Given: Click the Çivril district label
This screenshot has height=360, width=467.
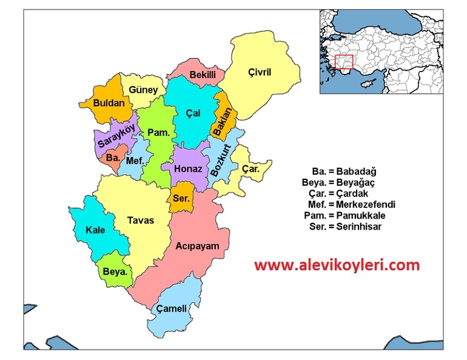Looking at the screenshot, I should click(260, 73).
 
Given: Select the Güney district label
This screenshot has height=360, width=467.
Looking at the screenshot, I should click(143, 90).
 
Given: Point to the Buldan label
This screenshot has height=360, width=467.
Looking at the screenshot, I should click(109, 103).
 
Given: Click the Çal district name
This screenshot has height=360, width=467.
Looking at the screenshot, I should click(193, 113).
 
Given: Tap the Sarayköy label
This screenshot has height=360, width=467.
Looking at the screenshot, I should click(115, 137).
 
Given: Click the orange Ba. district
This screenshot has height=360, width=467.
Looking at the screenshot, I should click(113, 158).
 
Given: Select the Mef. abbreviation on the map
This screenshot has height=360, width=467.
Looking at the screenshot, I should click(134, 161).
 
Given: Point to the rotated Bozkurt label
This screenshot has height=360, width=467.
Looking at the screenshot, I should click(222, 161).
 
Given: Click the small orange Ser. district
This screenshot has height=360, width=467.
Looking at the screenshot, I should click(181, 199).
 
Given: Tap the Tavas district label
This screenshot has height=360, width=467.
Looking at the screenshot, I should click(141, 221).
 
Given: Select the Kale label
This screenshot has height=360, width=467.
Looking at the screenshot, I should click(95, 230).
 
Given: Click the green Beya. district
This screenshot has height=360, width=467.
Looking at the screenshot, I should click(115, 273).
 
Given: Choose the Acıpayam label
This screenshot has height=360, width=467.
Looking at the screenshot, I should click(197, 246).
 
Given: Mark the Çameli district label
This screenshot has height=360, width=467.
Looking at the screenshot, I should click(172, 309).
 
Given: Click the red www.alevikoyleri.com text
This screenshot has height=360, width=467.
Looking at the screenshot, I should click(337, 265).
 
